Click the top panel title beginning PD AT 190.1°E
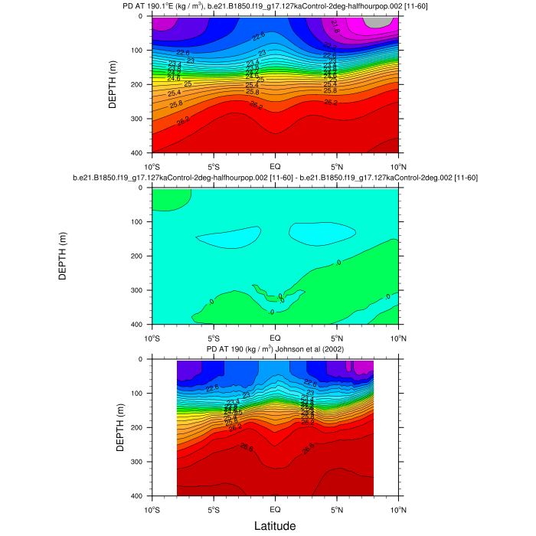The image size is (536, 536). (275, 7)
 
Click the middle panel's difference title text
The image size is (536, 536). (275, 178)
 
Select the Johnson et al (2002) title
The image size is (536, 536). (275, 350)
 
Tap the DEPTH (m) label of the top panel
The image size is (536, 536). (113, 84)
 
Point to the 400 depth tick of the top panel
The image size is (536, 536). (139, 154)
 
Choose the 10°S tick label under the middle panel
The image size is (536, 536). (152, 338)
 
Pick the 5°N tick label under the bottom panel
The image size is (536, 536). (337, 509)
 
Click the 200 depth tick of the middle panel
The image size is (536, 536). (139, 257)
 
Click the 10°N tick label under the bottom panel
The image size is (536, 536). (398, 509)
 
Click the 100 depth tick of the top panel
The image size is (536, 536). (139, 51)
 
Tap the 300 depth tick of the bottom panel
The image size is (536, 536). (139, 462)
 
